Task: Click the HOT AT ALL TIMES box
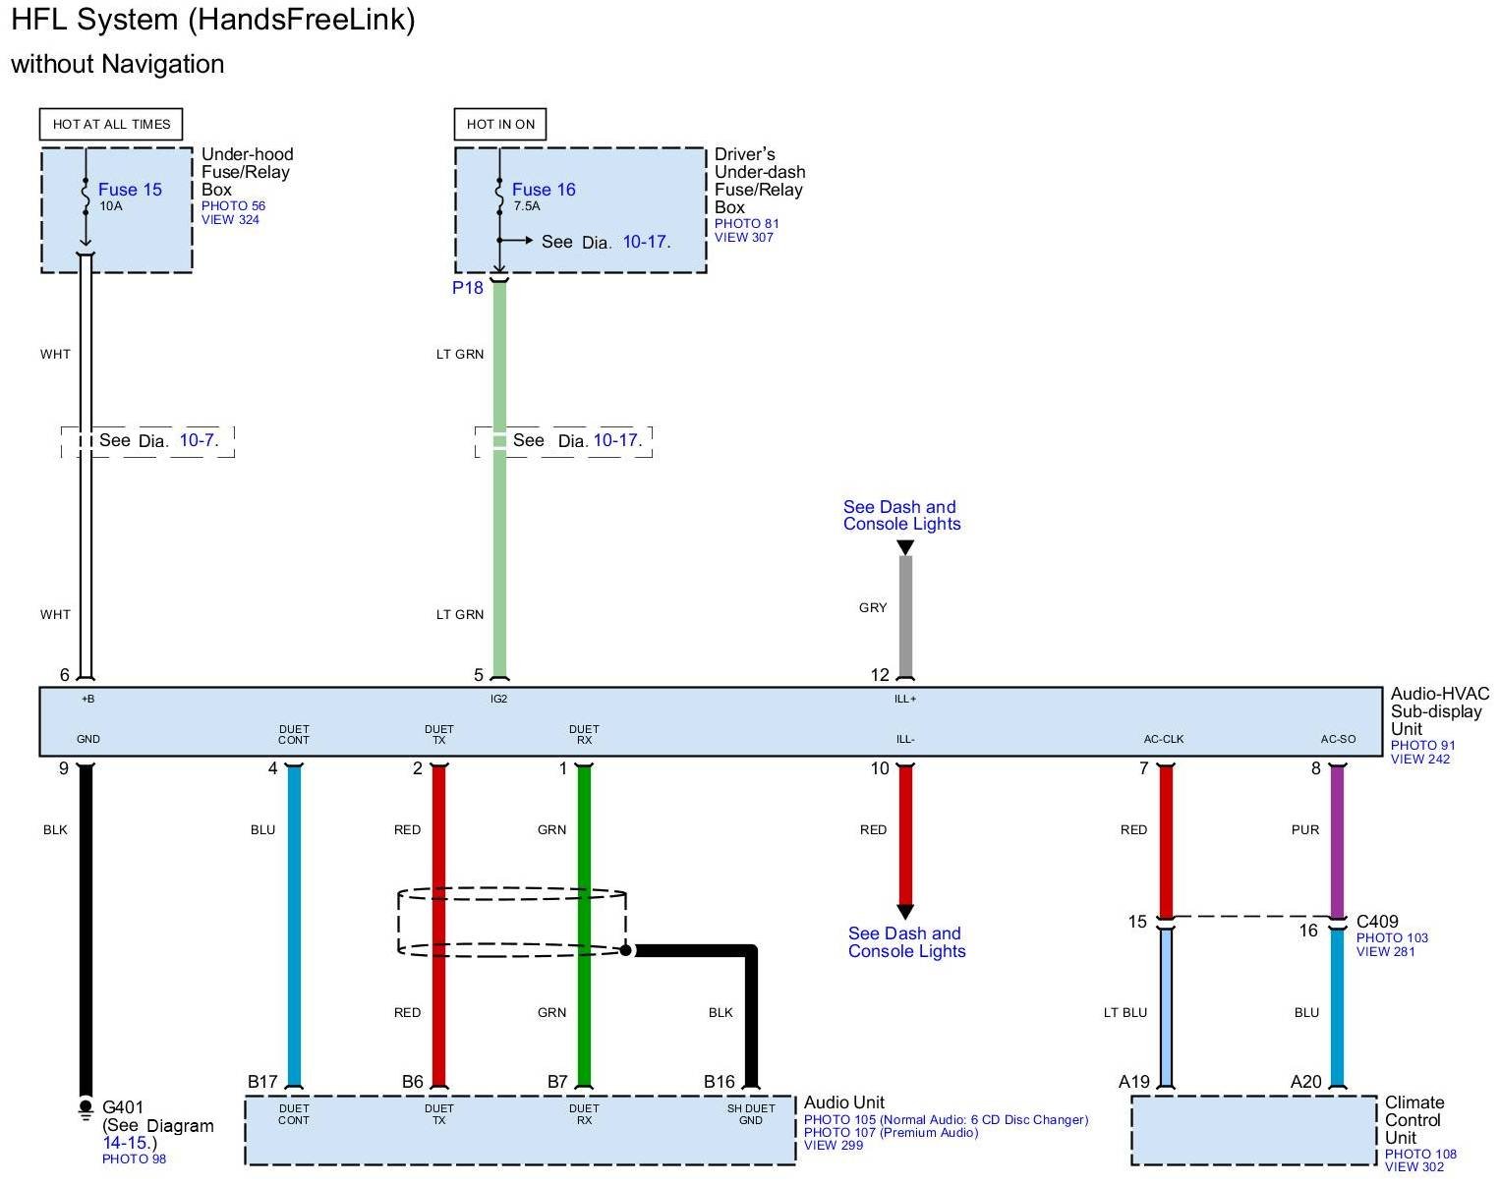(111, 124)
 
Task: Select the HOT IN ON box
(500, 124)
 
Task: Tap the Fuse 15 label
(130, 190)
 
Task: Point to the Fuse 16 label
(544, 190)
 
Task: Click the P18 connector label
(468, 288)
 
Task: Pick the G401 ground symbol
(86, 1109)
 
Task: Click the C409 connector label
(1377, 922)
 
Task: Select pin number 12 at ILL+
(880, 675)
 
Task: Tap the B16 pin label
(719, 1082)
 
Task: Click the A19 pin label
(1134, 1082)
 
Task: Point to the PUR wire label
(1305, 830)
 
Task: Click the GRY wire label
(873, 607)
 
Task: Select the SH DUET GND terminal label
(751, 1114)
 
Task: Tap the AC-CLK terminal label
(1164, 739)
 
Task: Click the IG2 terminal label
(498, 699)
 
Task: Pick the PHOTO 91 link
(1422, 745)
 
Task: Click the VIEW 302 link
(1414, 1167)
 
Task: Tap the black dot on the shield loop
(625, 950)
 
